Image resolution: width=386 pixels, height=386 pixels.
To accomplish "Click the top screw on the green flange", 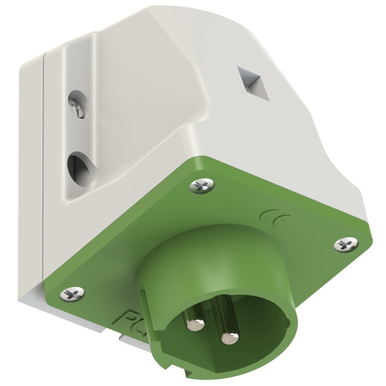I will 201,186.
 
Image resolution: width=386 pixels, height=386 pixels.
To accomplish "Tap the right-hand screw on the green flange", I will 345,244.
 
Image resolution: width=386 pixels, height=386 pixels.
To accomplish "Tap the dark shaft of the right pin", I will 224,313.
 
